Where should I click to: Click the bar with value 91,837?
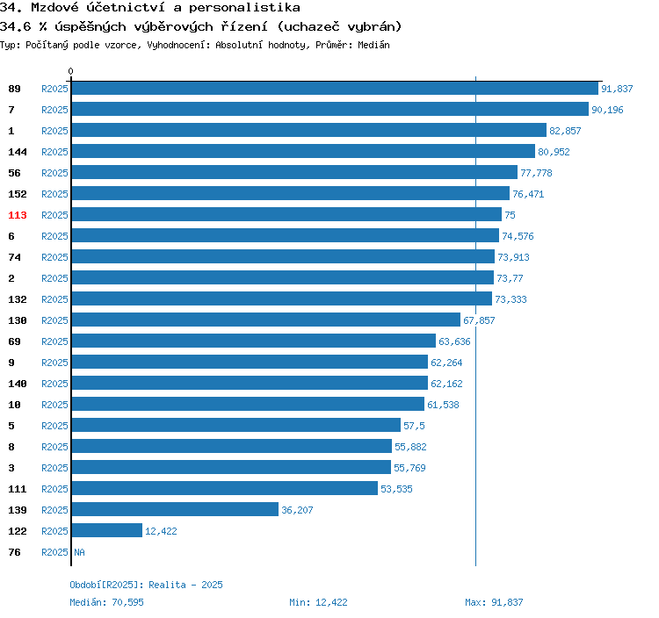(x=334, y=89)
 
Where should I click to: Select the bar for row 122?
(x=106, y=530)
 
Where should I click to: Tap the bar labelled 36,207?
(x=175, y=509)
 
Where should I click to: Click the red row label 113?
(x=18, y=215)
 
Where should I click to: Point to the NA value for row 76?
(x=79, y=552)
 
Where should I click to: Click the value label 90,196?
(x=608, y=110)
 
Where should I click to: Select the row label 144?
(x=18, y=152)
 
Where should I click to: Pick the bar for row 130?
(x=265, y=320)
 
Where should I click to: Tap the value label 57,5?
(x=414, y=426)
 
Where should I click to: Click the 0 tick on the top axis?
(x=71, y=71)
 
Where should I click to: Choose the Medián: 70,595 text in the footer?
(x=106, y=602)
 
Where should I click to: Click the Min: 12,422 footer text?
(x=318, y=602)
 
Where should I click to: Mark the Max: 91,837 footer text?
(x=494, y=602)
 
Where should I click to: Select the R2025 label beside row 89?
(x=54, y=89)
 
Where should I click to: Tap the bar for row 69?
(x=253, y=341)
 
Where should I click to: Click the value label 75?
(x=510, y=215)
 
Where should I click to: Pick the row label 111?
(x=18, y=489)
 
